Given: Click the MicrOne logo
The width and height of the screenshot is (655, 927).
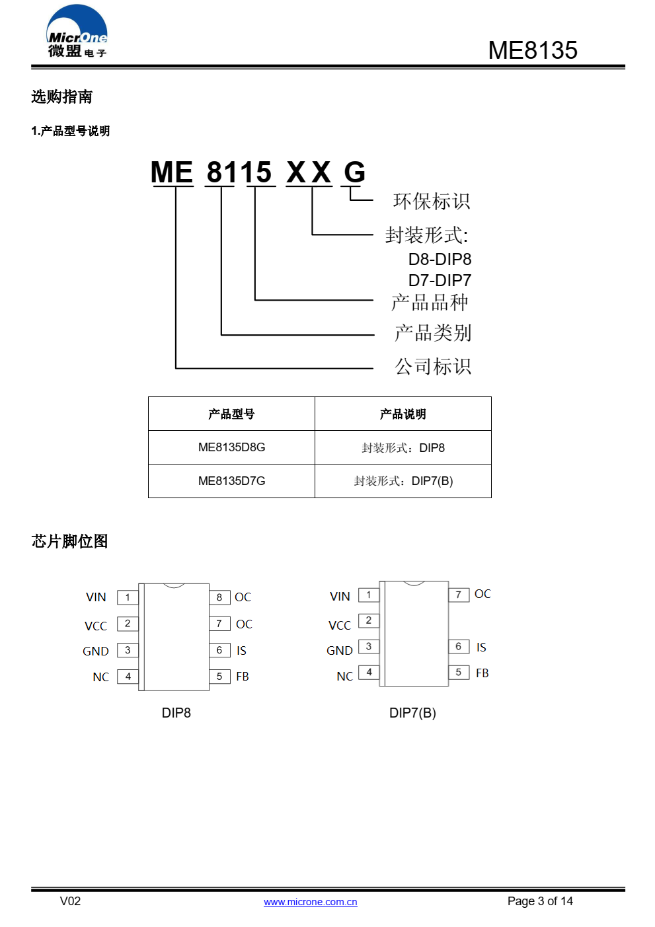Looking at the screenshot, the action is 77,31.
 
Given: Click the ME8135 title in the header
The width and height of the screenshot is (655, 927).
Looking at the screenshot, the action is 533,50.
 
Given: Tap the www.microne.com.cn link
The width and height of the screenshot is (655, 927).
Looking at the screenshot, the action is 310,902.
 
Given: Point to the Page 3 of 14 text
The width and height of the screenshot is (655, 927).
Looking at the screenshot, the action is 540,901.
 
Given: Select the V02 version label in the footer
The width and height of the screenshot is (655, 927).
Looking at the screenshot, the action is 70,901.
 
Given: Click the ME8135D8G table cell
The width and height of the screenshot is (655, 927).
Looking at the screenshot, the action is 231,447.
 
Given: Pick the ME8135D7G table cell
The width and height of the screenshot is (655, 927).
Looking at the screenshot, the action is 231,481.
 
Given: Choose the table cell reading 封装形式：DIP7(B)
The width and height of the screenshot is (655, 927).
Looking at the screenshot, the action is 403,481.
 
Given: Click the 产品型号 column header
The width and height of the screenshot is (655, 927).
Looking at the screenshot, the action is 231,414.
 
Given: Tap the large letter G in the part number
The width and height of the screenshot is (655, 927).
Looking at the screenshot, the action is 354,172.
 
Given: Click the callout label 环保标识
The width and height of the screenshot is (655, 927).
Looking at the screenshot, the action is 431,202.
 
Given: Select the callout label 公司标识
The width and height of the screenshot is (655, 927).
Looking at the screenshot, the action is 433,367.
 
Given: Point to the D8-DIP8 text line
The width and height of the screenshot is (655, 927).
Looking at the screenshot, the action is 440,260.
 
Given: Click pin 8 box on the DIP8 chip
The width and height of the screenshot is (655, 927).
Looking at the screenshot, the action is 219,597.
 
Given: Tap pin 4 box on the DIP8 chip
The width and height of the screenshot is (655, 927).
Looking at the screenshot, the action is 128,677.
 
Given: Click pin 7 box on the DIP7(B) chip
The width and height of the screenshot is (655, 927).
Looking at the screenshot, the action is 459,595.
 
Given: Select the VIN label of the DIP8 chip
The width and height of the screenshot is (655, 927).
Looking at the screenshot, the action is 96,597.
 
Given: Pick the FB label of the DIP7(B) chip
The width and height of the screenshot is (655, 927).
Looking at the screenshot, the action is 482,673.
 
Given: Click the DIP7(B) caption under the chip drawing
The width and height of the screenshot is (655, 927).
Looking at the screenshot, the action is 412,713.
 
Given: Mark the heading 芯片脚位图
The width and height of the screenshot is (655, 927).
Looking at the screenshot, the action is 69,541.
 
